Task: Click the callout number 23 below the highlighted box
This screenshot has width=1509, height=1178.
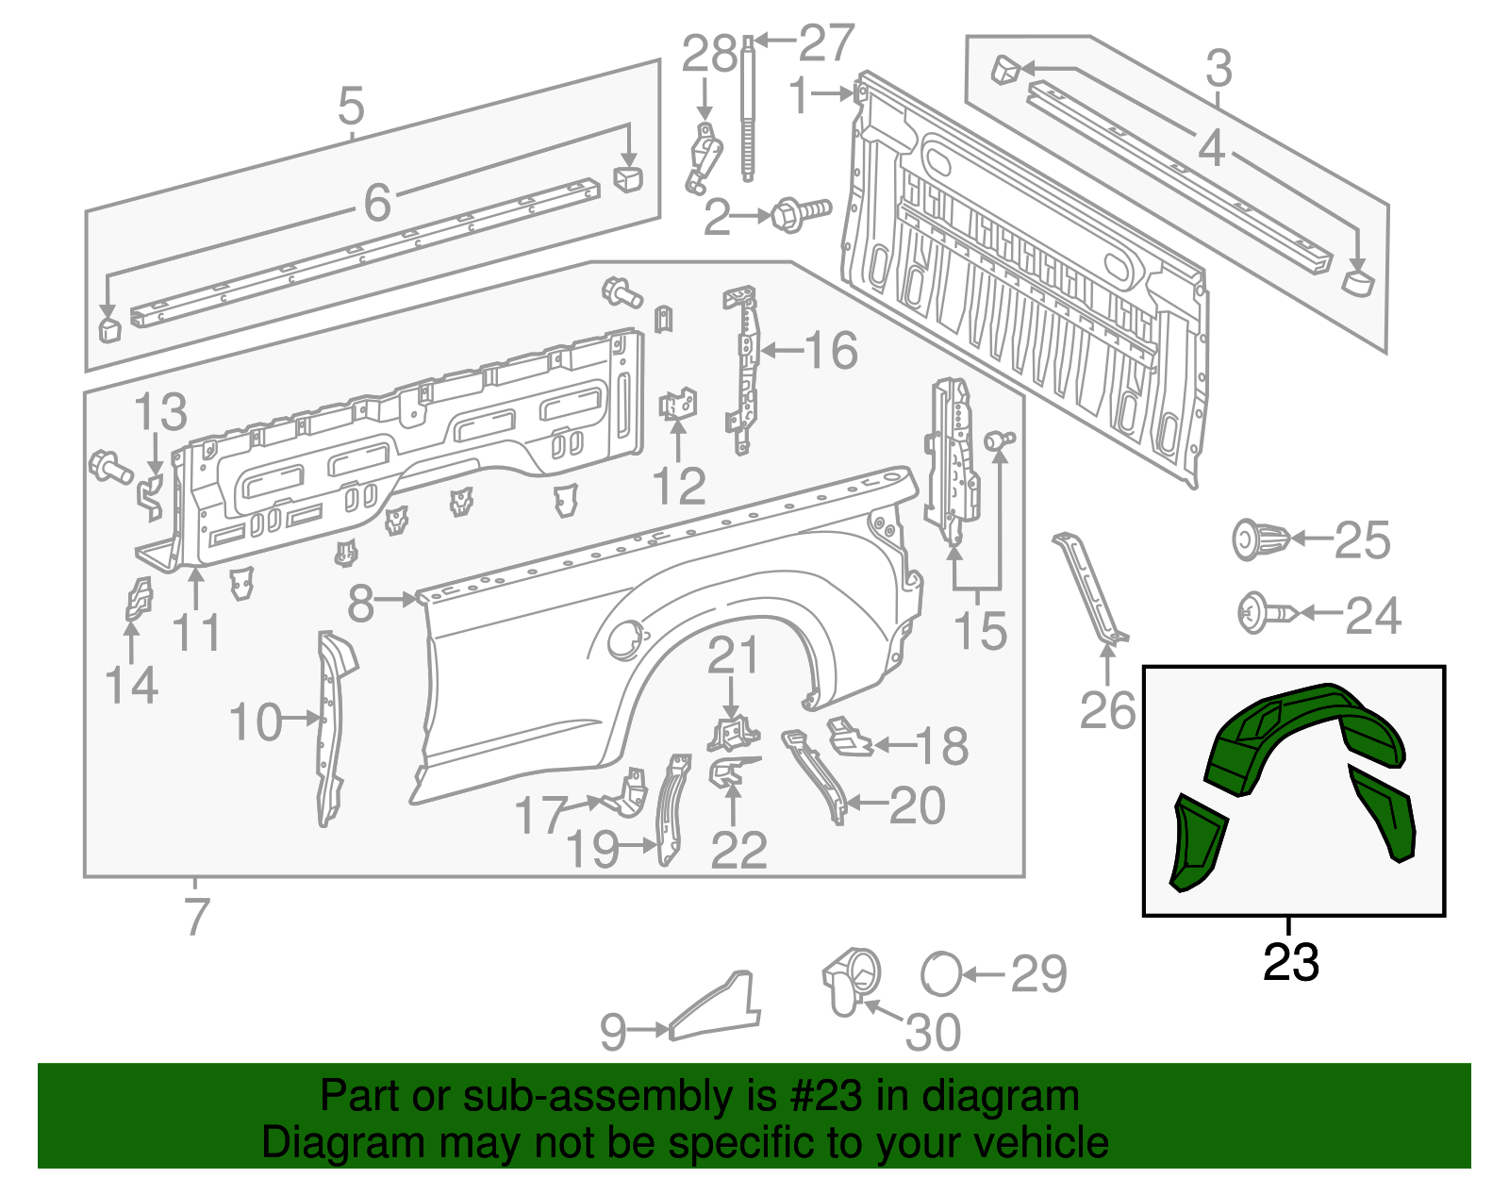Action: click(x=1290, y=963)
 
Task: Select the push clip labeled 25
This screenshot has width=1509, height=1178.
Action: click(x=1260, y=540)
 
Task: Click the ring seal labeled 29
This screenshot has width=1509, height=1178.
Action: click(x=941, y=973)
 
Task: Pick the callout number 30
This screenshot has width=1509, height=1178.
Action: click(x=932, y=1032)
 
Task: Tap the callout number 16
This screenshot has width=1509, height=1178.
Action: click(x=831, y=351)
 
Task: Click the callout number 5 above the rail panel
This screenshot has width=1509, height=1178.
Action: click(x=351, y=107)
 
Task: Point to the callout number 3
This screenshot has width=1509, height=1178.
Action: click(x=1219, y=69)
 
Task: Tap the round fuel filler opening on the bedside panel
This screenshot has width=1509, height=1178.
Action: click(x=623, y=640)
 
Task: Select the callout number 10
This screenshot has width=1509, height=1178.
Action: click(x=255, y=722)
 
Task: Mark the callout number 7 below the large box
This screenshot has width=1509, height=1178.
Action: click(x=195, y=916)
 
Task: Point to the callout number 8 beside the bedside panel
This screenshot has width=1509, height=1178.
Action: click(x=361, y=604)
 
